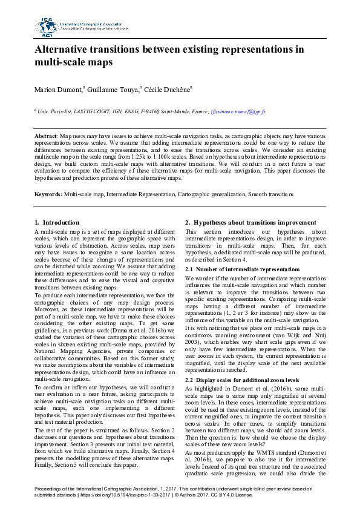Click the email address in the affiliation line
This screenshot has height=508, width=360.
[238, 112]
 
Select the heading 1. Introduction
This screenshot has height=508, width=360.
[57, 223]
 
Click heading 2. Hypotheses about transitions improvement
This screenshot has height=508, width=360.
[250, 223]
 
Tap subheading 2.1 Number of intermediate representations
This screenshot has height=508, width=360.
[242, 269]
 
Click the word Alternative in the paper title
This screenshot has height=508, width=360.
[67, 50]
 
